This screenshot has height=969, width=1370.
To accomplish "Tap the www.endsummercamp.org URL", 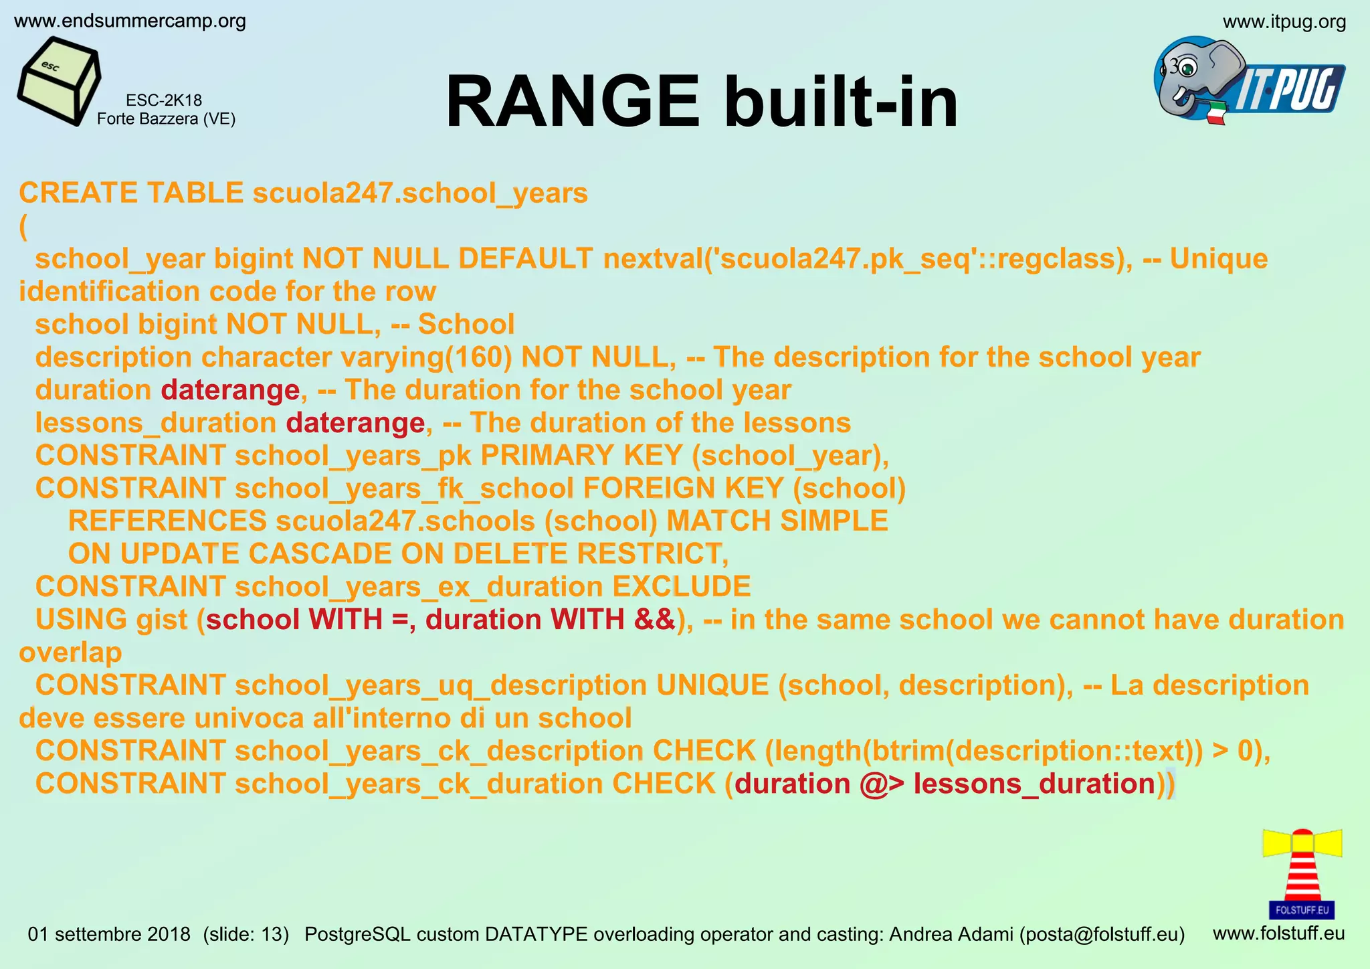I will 130,21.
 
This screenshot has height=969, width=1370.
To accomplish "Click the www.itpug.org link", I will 1284,22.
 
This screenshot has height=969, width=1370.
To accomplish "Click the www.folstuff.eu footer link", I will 1278,933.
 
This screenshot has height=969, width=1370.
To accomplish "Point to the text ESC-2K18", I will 164,100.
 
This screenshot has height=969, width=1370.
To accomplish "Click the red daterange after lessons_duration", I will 355,423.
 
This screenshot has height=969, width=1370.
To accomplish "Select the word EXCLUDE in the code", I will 681,587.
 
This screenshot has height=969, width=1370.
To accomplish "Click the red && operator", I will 655,620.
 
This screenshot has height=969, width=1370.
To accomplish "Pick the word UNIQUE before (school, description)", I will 712,685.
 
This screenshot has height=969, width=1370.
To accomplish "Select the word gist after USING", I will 161,620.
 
